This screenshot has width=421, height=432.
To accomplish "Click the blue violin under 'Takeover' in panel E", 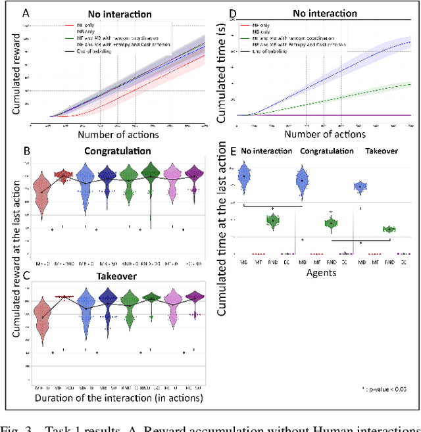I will tap(360, 187).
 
